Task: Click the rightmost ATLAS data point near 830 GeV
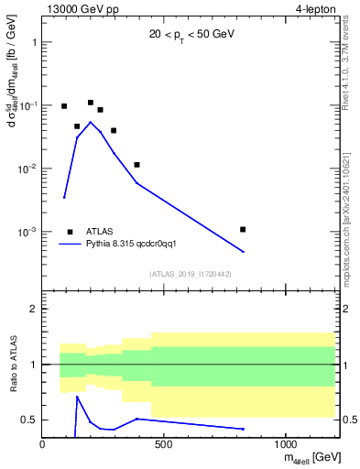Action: point(243,229)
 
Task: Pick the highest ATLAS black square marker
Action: point(91,103)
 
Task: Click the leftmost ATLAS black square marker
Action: point(64,106)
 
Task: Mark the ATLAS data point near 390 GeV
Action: point(136,165)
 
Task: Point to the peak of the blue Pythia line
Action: point(90,122)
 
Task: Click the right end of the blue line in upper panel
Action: point(243,252)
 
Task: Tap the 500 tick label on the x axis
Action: point(164,444)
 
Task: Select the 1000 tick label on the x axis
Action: point(286,444)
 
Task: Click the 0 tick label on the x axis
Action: point(43,444)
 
